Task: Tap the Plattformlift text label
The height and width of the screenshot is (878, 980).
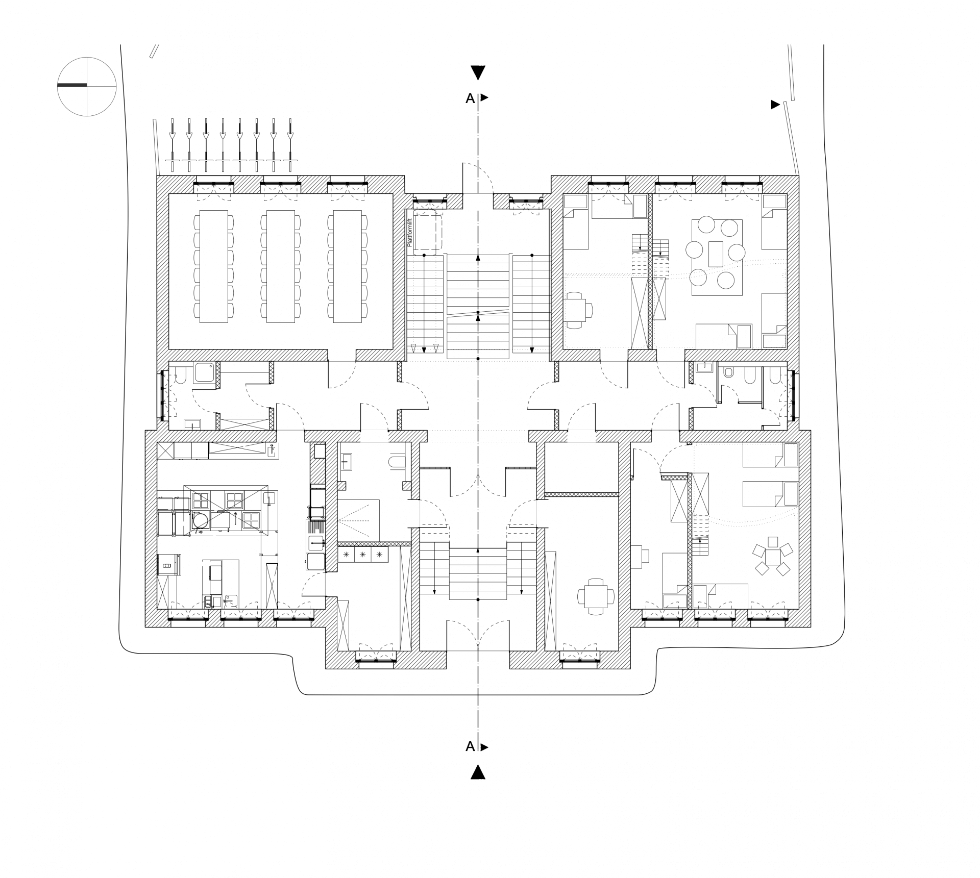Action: point(409,233)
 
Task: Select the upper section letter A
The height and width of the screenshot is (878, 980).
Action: point(470,98)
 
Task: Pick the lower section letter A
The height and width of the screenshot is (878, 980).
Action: point(470,746)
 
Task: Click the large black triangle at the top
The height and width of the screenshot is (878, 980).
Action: point(478,72)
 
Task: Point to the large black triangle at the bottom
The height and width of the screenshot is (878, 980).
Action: point(478,772)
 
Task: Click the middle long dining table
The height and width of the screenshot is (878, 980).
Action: point(280,266)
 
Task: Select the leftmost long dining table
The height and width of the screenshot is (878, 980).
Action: point(213,266)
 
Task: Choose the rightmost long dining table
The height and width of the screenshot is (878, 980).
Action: point(347,266)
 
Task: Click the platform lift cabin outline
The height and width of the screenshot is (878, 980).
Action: point(427,235)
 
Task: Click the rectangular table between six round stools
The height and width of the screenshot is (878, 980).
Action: point(716,254)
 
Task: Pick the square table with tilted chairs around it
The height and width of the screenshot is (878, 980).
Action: point(773,557)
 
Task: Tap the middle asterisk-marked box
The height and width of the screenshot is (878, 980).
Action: point(362,555)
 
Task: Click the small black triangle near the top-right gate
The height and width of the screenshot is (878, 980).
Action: point(775,105)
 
